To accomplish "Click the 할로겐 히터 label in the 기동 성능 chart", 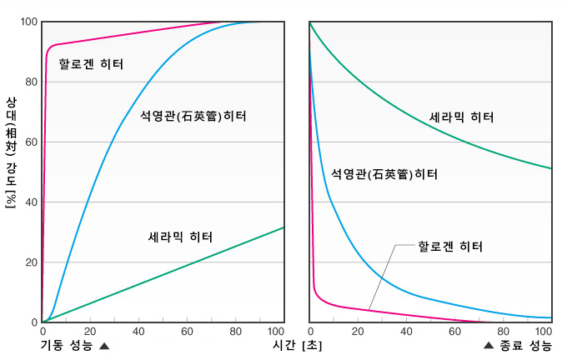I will click(x=91, y=63).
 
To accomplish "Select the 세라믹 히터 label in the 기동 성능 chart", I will click(x=180, y=237).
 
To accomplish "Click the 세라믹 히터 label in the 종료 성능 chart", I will click(x=461, y=117).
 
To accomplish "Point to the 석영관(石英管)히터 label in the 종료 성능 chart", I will click(x=384, y=174).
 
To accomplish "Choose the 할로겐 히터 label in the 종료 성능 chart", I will click(x=450, y=247).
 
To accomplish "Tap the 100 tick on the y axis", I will click(x=28, y=22).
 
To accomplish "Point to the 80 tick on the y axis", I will click(x=30, y=82).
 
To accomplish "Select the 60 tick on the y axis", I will click(x=30, y=142).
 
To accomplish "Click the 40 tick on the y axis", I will click(x=30, y=202).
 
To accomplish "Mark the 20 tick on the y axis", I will click(x=30, y=262).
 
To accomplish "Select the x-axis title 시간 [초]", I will click(x=297, y=344).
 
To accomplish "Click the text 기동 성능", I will click(x=68, y=344).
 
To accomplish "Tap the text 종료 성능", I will click(x=524, y=344).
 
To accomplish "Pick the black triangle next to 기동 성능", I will click(x=104, y=345).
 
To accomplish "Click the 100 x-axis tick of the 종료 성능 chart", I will click(x=544, y=331).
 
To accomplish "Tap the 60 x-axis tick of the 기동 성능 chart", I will click(x=187, y=331).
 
